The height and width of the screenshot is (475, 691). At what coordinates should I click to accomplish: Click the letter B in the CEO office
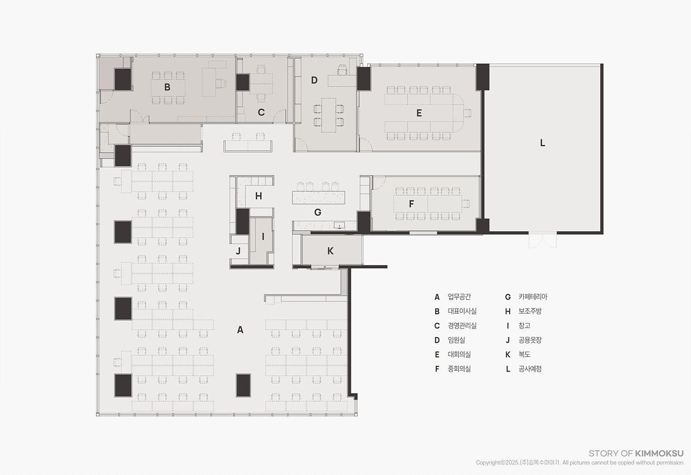pyautogui.click(x=167, y=87)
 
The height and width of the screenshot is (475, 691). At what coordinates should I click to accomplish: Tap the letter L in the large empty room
pyautogui.click(x=543, y=143)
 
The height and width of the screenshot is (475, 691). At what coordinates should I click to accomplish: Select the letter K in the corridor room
pyautogui.click(x=330, y=251)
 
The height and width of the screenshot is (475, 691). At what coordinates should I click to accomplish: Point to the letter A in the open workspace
pyautogui.click(x=240, y=330)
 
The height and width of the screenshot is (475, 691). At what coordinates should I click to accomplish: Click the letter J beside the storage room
pyautogui.click(x=238, y=251)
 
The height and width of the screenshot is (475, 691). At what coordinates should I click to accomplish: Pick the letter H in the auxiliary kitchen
pyautogui.click(x=259, y=196)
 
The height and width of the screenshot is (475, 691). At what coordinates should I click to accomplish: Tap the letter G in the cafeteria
pyautogui.click(x=317, y=212)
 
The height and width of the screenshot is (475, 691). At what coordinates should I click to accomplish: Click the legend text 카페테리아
pyautogui.click(x=533, y=297)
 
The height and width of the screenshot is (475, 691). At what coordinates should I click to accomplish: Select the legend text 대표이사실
pyautogui.click(x=462, y=311)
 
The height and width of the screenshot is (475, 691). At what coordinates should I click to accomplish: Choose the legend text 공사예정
pyautogui.click(x=530, y=369)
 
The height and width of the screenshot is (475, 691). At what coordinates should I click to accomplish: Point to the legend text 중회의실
pyautogui.click(x=459, y=369)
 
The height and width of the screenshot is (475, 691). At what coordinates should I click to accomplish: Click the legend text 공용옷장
pyautogui.click(x=530, y=340)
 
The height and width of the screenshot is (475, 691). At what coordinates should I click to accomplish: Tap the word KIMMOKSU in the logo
pyautogui.click(x=659, y=453)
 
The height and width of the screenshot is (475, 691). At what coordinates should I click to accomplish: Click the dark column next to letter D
pyautogui.click(x=364, y=79)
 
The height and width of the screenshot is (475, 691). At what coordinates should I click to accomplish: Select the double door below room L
pyautogui.click(x=543, y=240)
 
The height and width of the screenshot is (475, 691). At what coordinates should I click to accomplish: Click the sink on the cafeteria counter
pyautogui.click(x=340, y=225)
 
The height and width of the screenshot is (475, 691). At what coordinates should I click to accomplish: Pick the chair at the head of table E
pyautogui.click(x=468, y=113)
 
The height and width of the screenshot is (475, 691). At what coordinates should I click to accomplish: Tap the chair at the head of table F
pyautogui.click(x=466, y=204)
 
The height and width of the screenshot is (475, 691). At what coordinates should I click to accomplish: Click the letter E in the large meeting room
pyautogui.click(x=419, y=113)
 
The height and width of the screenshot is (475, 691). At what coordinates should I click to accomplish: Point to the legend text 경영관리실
pyautogui.click(x=462, y=326)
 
